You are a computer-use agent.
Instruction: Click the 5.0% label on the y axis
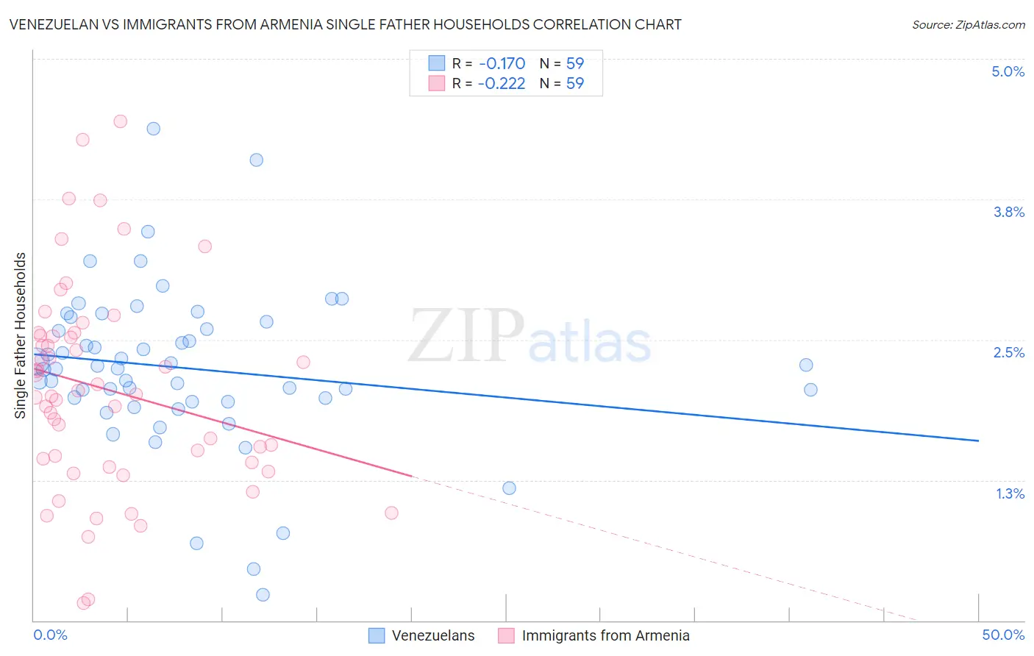(x=1008, y=71)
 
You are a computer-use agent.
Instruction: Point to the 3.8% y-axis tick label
(x=1008, y=212)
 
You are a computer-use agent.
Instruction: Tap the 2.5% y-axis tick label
(x=1008, y=352)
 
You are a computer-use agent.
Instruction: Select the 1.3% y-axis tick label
(x=1010, y=493)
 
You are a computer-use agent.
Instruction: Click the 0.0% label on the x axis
(x=50, y=635)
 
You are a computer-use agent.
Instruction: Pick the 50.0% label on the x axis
(x=1002, y=635)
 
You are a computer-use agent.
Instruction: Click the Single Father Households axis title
(x=21, y=335)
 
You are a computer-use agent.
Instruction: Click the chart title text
(x=345, y=24)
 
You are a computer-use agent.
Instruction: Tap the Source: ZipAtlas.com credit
(x=968, y=24)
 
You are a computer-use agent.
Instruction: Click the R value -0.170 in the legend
(x=502, y=63)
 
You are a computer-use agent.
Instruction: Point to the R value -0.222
(x=502, y=83)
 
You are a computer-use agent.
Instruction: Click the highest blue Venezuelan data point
(x=154, y=129)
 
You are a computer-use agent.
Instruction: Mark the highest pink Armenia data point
(x=121, y=121)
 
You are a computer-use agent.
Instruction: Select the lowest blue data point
(x=263, y=594)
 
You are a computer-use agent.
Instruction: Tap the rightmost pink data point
(x=391, y=513)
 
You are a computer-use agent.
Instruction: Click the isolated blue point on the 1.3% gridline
(x=509, y=488)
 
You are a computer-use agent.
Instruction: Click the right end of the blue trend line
(x=978, y=441)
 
